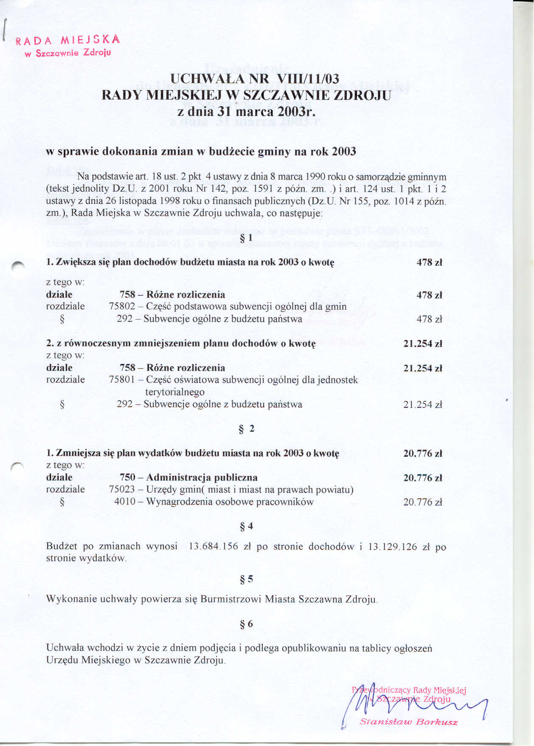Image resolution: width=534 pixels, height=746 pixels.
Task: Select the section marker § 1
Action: click(x=246, y=238)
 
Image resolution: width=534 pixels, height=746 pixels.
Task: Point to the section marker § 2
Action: click(x=246, y=429)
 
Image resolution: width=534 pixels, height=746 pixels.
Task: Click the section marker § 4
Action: click(x=246, y=526)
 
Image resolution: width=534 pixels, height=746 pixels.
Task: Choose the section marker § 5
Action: click(x=246, y=579)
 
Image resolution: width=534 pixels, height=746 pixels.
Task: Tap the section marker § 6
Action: click(x=246, y=624)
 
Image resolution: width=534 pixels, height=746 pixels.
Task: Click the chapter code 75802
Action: click(x=122, y=306)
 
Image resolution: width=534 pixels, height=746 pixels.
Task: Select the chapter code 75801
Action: click(x=122, y=379)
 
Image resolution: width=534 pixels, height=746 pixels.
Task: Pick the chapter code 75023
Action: click(x=122, y=489)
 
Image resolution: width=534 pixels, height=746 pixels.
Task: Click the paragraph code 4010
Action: click(x=124, y=502)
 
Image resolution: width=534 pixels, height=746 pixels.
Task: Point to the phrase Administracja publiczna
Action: click(x=202, y=478)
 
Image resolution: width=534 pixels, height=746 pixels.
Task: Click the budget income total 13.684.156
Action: click(x=213, y=546)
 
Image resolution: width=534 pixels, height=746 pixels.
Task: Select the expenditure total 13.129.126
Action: click(x=392, y=546)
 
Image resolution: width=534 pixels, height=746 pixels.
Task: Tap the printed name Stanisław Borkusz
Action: click(x=408, y=722)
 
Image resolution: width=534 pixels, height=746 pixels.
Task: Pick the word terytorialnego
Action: click(x=175, y=392)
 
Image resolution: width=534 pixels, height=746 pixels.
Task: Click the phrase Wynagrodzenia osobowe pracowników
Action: click(x=230, y=502)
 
